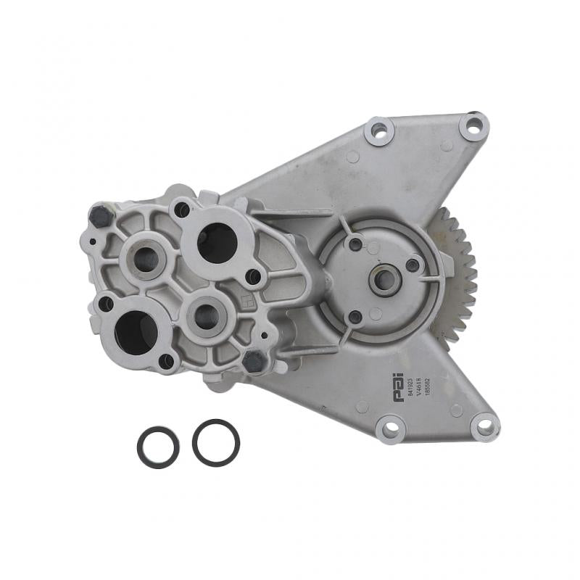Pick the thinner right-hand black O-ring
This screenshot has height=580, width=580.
coord(216,442)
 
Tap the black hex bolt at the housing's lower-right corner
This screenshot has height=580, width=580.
coord(254,360)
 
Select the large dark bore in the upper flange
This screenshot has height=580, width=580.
coord(215,243)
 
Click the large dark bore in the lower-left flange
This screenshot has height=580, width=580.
coord(136,331)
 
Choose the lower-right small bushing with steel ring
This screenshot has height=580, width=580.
coord(207,316)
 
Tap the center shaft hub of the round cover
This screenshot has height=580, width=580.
coord(384,279)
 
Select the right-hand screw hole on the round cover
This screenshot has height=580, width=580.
coord(413,265)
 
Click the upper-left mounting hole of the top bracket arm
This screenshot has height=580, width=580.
coord(379,131)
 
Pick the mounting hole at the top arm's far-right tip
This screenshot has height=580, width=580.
coord(473,128)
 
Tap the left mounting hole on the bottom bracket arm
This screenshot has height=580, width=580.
coord(390,429)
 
